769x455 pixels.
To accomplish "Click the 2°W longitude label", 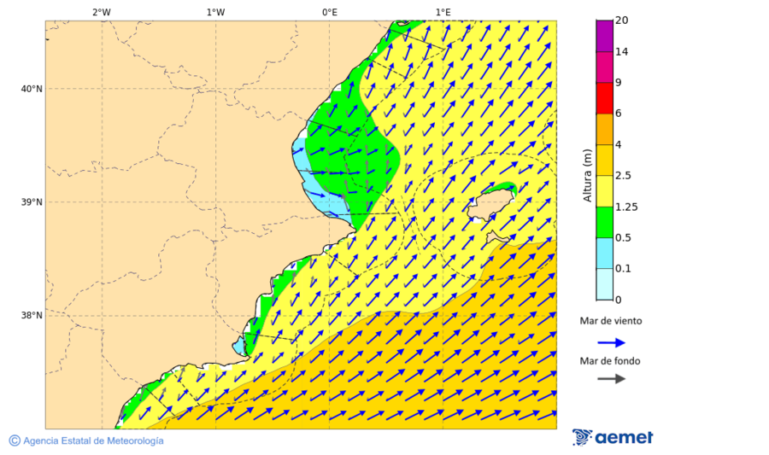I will coord(101,12).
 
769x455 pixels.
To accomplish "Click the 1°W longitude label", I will coord(215,12).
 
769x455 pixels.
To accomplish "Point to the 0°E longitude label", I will coord(329,12).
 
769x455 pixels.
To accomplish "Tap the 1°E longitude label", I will coord(443,12).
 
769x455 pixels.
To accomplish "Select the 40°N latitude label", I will coord(32,89).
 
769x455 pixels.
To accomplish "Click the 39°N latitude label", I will coord(32,202).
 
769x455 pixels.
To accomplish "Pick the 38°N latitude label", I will coord(32,316).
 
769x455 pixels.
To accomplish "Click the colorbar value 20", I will coord(621,20).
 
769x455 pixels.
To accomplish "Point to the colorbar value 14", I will coord(621,52).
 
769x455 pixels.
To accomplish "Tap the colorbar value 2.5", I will coord(623,176).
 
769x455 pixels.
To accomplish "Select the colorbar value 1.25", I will coord(625,207).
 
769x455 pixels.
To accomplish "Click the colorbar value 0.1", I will coord(623,269).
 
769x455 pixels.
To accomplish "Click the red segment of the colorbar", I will coord(604,98).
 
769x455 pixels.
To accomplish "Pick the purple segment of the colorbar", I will coord(604,36).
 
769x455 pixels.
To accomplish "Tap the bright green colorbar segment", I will coord(604,222).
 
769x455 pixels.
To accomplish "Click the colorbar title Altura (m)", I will coord(587,175).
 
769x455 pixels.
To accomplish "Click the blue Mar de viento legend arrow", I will coord(611,342).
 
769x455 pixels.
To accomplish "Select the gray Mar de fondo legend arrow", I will coord(611,379).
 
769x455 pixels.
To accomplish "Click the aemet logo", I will coord(613,437).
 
